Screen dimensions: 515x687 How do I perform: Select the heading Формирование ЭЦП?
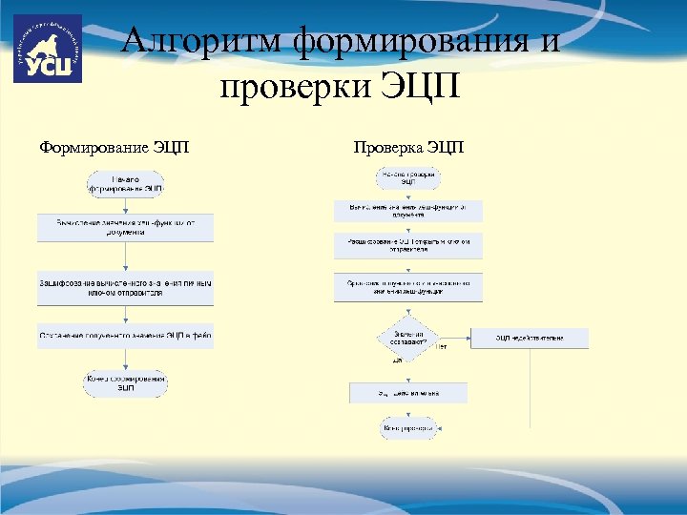click(114, 148)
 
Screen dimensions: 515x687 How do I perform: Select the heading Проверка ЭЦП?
click(408, 148)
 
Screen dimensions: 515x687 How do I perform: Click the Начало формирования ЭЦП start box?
click(126, 184)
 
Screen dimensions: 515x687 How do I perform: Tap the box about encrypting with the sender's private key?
click(126, 289)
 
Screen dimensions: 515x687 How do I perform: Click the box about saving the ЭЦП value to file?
click(126, 335)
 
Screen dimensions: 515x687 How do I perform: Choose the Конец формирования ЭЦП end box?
click(126, 383)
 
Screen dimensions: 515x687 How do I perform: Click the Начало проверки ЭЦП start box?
click(408, 178)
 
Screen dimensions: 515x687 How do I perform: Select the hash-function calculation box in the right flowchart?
click(408, 211)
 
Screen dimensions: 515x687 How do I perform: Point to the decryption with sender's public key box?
click(408, 245)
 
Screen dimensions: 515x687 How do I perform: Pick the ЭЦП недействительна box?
click(530, 338)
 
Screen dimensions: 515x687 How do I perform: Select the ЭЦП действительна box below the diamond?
click(408, 392)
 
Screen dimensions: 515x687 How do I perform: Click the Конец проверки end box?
click(408, 430)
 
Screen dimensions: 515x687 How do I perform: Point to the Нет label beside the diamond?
click(441, 347)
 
